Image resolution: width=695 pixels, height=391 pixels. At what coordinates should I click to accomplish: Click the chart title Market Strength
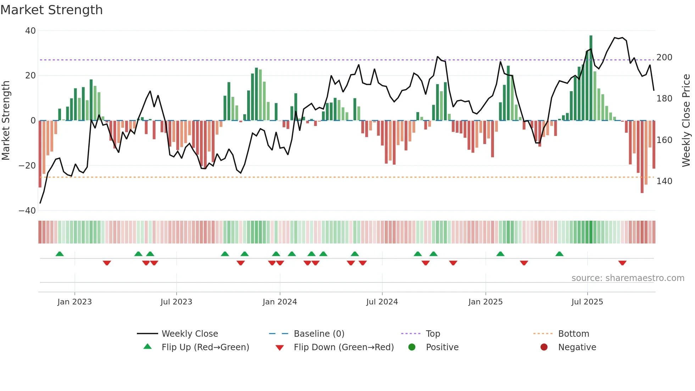click(x=51, y=10)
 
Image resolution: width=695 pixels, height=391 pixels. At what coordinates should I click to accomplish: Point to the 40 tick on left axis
click(x=30, y=31)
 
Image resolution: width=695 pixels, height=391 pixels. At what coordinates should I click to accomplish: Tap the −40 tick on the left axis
click(x=27, y=211)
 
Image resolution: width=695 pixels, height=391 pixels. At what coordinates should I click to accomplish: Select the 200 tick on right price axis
click(x=664, y=57)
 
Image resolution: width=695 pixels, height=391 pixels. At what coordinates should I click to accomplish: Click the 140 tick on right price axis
click(x=664, y=181)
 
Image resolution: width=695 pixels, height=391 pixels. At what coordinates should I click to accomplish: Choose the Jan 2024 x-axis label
click(x=279, y=302)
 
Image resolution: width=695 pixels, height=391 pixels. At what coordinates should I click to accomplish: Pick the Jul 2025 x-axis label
click(x=587, y=302)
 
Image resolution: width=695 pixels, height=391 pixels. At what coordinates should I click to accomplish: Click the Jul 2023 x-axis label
click(x=176, y=302)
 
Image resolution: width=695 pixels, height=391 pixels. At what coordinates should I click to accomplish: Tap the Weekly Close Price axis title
click(x=686, y=121)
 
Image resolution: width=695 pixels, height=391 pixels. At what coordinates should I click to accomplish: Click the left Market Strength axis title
click(x=6, y=121)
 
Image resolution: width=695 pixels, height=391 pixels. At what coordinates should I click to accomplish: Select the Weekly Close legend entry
click(x=189, y=334)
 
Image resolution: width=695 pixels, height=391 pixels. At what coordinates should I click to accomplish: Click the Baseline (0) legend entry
click(x=319, y=334)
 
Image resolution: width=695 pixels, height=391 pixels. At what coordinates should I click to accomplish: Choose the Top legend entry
click(x=433, y=334)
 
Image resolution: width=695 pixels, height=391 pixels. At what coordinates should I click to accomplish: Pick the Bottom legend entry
click(x=573, y=334)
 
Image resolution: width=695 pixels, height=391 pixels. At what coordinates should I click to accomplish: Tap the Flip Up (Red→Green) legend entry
click(x=205, y=347)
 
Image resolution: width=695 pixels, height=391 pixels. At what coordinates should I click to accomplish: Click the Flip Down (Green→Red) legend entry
click(x=343, y=347)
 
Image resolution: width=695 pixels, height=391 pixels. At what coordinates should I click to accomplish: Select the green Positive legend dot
click(x=412, y=347)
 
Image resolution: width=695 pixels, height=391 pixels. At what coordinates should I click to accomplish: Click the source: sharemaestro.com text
click(x=628, y=278)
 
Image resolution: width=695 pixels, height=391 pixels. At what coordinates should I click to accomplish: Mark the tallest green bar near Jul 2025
click(x=591, y=78)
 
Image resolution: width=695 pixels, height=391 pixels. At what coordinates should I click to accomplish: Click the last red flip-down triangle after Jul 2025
click(x=622, y=263)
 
